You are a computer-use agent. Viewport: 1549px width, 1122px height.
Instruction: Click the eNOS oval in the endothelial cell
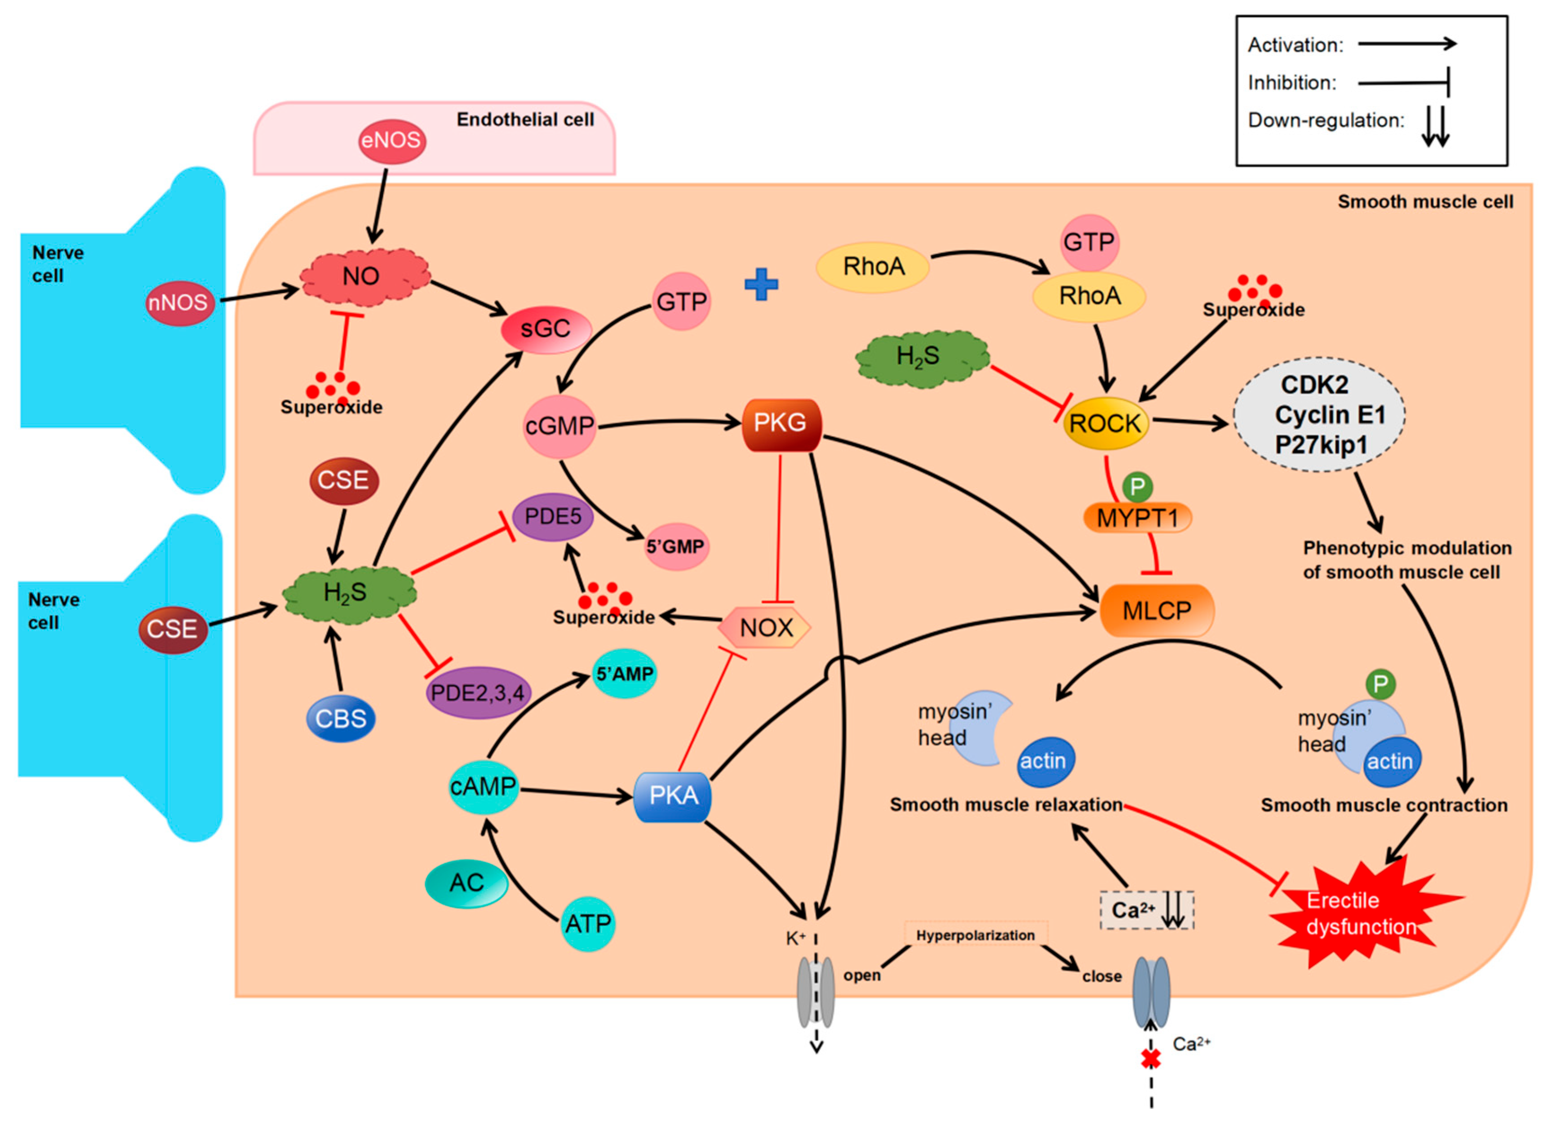coord(391,141)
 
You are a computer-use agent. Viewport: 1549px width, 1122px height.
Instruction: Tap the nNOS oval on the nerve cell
coord(179,302)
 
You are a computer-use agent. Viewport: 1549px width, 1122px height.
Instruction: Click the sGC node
coord(545,329)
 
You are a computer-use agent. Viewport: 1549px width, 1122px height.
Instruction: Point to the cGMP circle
coord(559,426)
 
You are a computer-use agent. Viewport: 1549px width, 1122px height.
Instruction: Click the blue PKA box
coord(673,796)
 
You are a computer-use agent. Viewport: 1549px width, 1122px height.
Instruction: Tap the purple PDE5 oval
coord(553,517)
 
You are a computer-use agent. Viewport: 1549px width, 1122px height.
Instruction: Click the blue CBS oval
coord(341,718)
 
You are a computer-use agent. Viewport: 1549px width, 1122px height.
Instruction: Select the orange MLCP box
coord(1156,610)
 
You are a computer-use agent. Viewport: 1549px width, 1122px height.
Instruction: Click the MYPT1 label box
coord(1137,519)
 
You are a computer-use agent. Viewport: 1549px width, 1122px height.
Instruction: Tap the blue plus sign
coord(761,285)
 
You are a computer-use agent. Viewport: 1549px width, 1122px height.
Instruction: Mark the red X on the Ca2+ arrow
coord(1151,1059)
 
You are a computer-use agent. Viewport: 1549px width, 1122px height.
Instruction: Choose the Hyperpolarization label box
coord(975,936)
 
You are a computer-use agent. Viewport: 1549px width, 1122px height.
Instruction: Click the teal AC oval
coord(466,883)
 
